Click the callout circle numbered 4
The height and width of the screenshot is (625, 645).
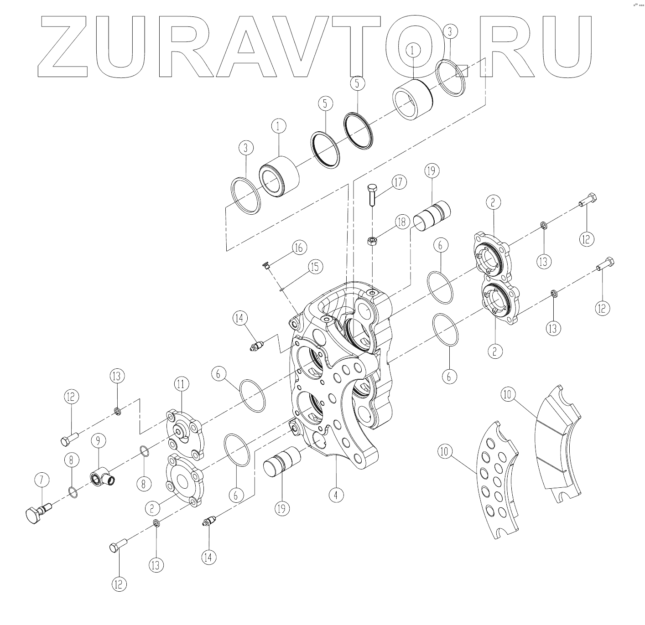pyautogui.click(x=336, y=496)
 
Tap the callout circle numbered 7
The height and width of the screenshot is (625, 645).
pyautogui.click(x=42, y=479)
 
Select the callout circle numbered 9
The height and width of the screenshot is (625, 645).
pyautogui.click(x=98, y=440)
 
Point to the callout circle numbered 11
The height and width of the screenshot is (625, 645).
pyautogui.click(x=181, y=384)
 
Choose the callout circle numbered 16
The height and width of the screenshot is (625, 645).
pyautogui.click(x=299, y=248)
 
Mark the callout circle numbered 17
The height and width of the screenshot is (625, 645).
pyautogui.click(x=399, y=182)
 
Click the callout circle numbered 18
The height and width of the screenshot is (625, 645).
pyautogui.click(x=402, y=222)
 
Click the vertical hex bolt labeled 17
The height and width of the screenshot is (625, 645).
pyautogui.click(x=372, y=194)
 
